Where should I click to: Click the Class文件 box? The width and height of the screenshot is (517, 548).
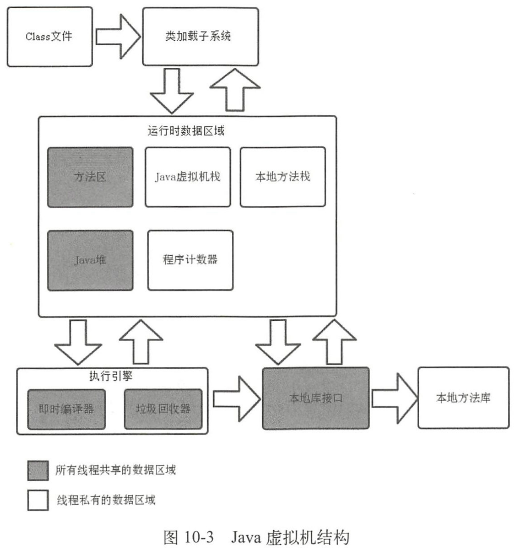[x=50, y=37]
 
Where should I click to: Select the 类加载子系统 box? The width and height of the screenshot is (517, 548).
[x=200, y=37]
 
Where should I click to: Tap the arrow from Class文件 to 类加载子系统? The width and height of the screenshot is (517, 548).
[x=117, y=36]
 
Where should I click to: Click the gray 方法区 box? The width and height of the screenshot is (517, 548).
[x=90, y=177]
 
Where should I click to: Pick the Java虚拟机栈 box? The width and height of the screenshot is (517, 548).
[x=188, y=177]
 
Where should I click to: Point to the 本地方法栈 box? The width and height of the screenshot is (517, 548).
[x=283, y=177]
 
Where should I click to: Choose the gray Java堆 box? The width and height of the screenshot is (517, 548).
[x=90, y=260]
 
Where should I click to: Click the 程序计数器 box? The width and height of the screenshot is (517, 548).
[x=190, y=260]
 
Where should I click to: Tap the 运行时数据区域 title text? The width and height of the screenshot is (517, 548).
[x=186, y=131]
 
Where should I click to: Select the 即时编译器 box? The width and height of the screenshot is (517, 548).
[x=66, y=409]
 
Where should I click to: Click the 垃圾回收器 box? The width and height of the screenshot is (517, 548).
[x=163, y=409]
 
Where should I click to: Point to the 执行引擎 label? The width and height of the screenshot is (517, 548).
[x=111, y=376]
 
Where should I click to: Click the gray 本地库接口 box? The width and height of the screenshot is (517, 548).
[x=316, y=398]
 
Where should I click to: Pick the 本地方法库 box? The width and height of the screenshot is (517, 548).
[x=463, y=398]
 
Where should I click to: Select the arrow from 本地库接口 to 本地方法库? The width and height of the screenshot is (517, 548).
[x=394, y=398]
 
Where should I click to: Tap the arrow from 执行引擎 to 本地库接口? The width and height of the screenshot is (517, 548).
[x=236, y=399]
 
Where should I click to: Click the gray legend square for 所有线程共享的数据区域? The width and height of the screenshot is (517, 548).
[x=38, y=470]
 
